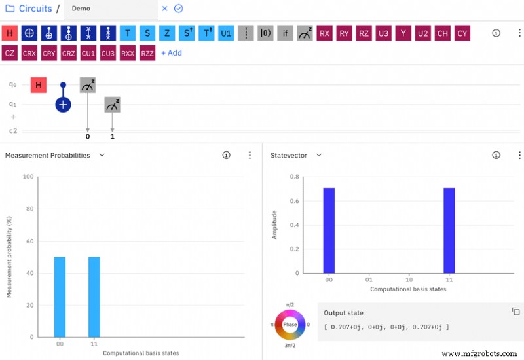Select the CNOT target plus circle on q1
click(63, 104)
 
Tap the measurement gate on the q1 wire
click(112, 104)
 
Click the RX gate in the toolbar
click(324, 33)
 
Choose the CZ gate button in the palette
click(9, 53)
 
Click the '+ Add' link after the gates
click(172, 53)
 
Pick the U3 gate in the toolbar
click(383, 33)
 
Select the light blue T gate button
click(128, 33)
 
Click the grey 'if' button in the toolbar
click(285, 33)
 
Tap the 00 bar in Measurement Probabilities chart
click(60, 297)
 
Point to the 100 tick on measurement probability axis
click(28, 177)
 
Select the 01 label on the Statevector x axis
click(369, 279)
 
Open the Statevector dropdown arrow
click(319, 155)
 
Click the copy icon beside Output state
click(515, 312)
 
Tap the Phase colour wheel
click(290, 324)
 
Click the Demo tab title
click(82, 9)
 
